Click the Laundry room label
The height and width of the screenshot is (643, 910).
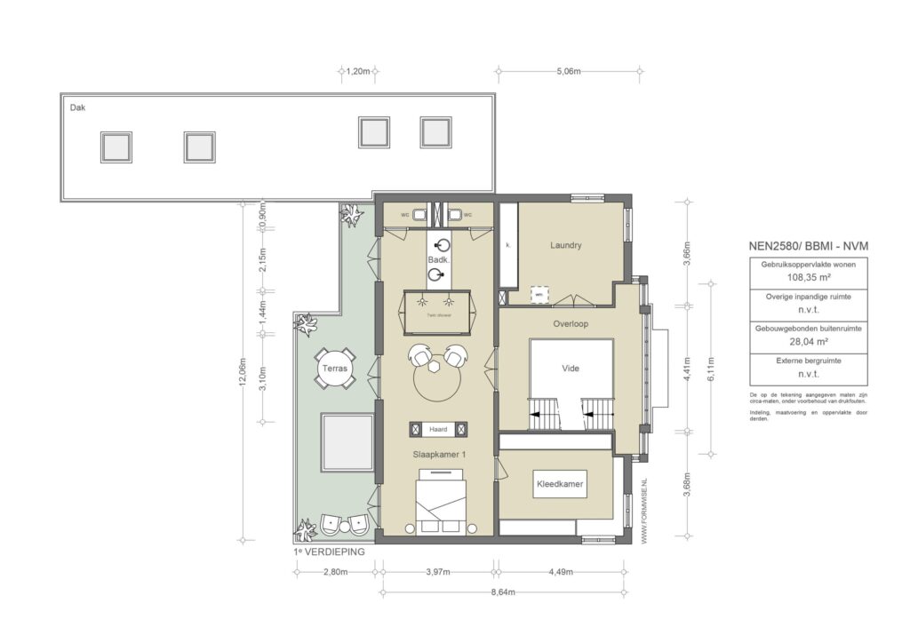coord(565,246)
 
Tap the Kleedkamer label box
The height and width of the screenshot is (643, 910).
coord(560,484)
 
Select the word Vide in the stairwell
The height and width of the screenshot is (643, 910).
coord(570,368)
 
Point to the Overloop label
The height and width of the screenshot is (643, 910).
coord(570,324)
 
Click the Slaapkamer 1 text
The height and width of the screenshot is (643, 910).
coord(439,454)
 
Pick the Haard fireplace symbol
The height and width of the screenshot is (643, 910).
coord(438,430)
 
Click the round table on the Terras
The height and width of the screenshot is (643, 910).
coord(335,369)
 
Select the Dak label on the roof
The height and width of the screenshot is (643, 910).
coord(78,107)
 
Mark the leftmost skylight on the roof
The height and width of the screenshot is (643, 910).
coord(116,147)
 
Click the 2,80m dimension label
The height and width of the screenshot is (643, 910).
coord(336,572)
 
